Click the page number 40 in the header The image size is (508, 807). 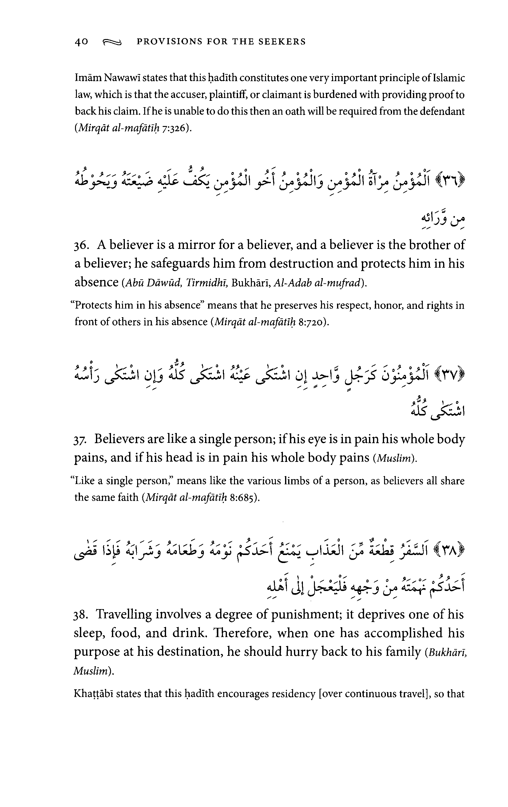(81, 41)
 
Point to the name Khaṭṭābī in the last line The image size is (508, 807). (90, 694)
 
